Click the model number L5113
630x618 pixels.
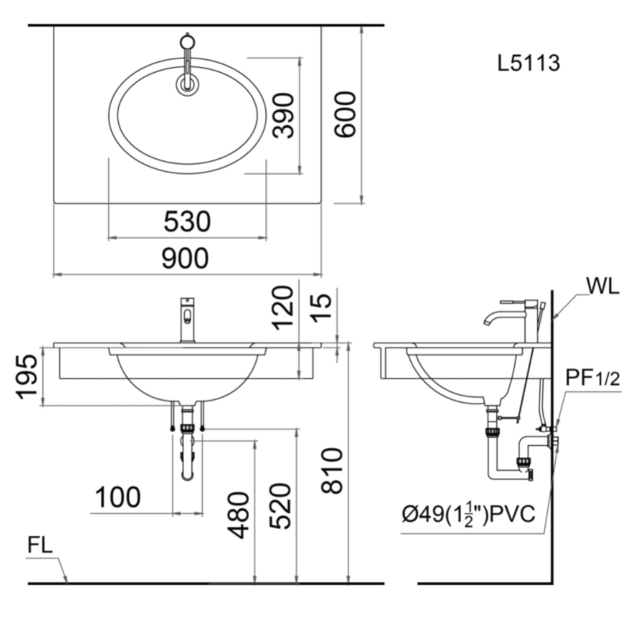point(528,63)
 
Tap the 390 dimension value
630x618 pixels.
point(283,116)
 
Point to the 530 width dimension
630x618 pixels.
point(187,221)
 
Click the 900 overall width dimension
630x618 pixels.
point(185,258)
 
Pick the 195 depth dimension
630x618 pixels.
point(27,377)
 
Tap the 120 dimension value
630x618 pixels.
point(283,307)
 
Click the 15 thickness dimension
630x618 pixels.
point(322,307)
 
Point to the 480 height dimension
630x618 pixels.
point(238,516)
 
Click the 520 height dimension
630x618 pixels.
point(279,506)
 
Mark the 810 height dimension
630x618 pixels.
point(332,470)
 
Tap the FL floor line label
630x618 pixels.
point(40,545)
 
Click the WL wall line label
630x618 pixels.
point(603,286)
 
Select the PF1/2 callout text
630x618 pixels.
point(592,378)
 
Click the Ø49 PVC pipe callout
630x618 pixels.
point(469,515)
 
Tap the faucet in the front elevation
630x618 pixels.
point(187,320)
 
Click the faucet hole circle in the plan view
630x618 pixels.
point(187,84)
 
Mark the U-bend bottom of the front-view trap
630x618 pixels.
point(187,476)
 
